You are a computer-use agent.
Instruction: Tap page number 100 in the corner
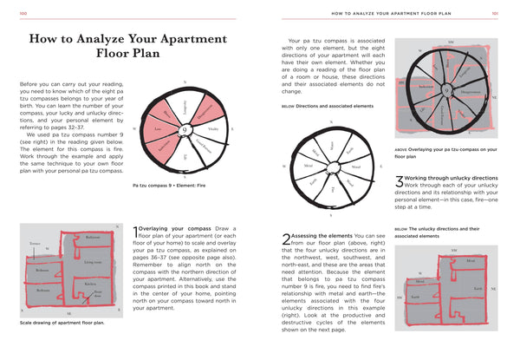coord(23,13)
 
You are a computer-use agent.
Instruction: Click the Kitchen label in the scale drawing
coord(90,284)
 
